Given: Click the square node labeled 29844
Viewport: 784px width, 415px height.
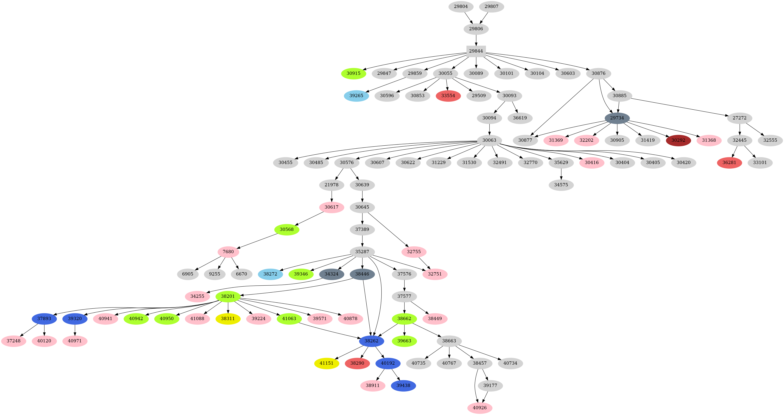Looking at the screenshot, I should pyautogui.click(x=476, y=51).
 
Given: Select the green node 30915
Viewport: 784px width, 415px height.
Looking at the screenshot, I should pyautogui.click(x=353, y=73).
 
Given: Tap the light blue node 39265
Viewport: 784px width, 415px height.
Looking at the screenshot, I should pyautogui.click(x=356, y=96).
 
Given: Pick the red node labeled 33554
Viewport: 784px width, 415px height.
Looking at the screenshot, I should pyautogui.click(x=448, y=96).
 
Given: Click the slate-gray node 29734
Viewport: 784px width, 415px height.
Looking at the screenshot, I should pyautogui.click(x=617, y=118).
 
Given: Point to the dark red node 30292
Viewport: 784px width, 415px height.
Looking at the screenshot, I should pyautogui.click(x=678, y=140).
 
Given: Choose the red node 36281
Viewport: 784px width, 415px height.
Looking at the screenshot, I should pyautogui.click(x=729, y=162).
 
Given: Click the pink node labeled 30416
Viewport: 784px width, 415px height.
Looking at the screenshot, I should pyautogui.click(x=592, y=162).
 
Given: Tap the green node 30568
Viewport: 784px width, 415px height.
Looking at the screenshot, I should pyautogui.click(x=287, y=229).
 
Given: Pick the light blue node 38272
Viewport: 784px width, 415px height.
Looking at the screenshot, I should pyautogui.click(x=270, y=274).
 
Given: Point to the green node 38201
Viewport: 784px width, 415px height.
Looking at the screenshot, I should pyautogui.click(x=228, y=296).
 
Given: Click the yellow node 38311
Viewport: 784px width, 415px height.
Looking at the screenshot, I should pyautogui.click(x=228, y=319).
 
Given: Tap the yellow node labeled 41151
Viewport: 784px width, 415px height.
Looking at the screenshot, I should pyautogui.click(x=326, y=363).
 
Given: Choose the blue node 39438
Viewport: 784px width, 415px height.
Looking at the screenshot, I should pyautogui.click(x=403, y=386).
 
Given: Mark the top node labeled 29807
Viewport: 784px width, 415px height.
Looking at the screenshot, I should pyautogui.click(x=491, y=7).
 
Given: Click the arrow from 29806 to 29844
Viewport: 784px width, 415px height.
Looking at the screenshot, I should pyautogui.click(x=476, y=40).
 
